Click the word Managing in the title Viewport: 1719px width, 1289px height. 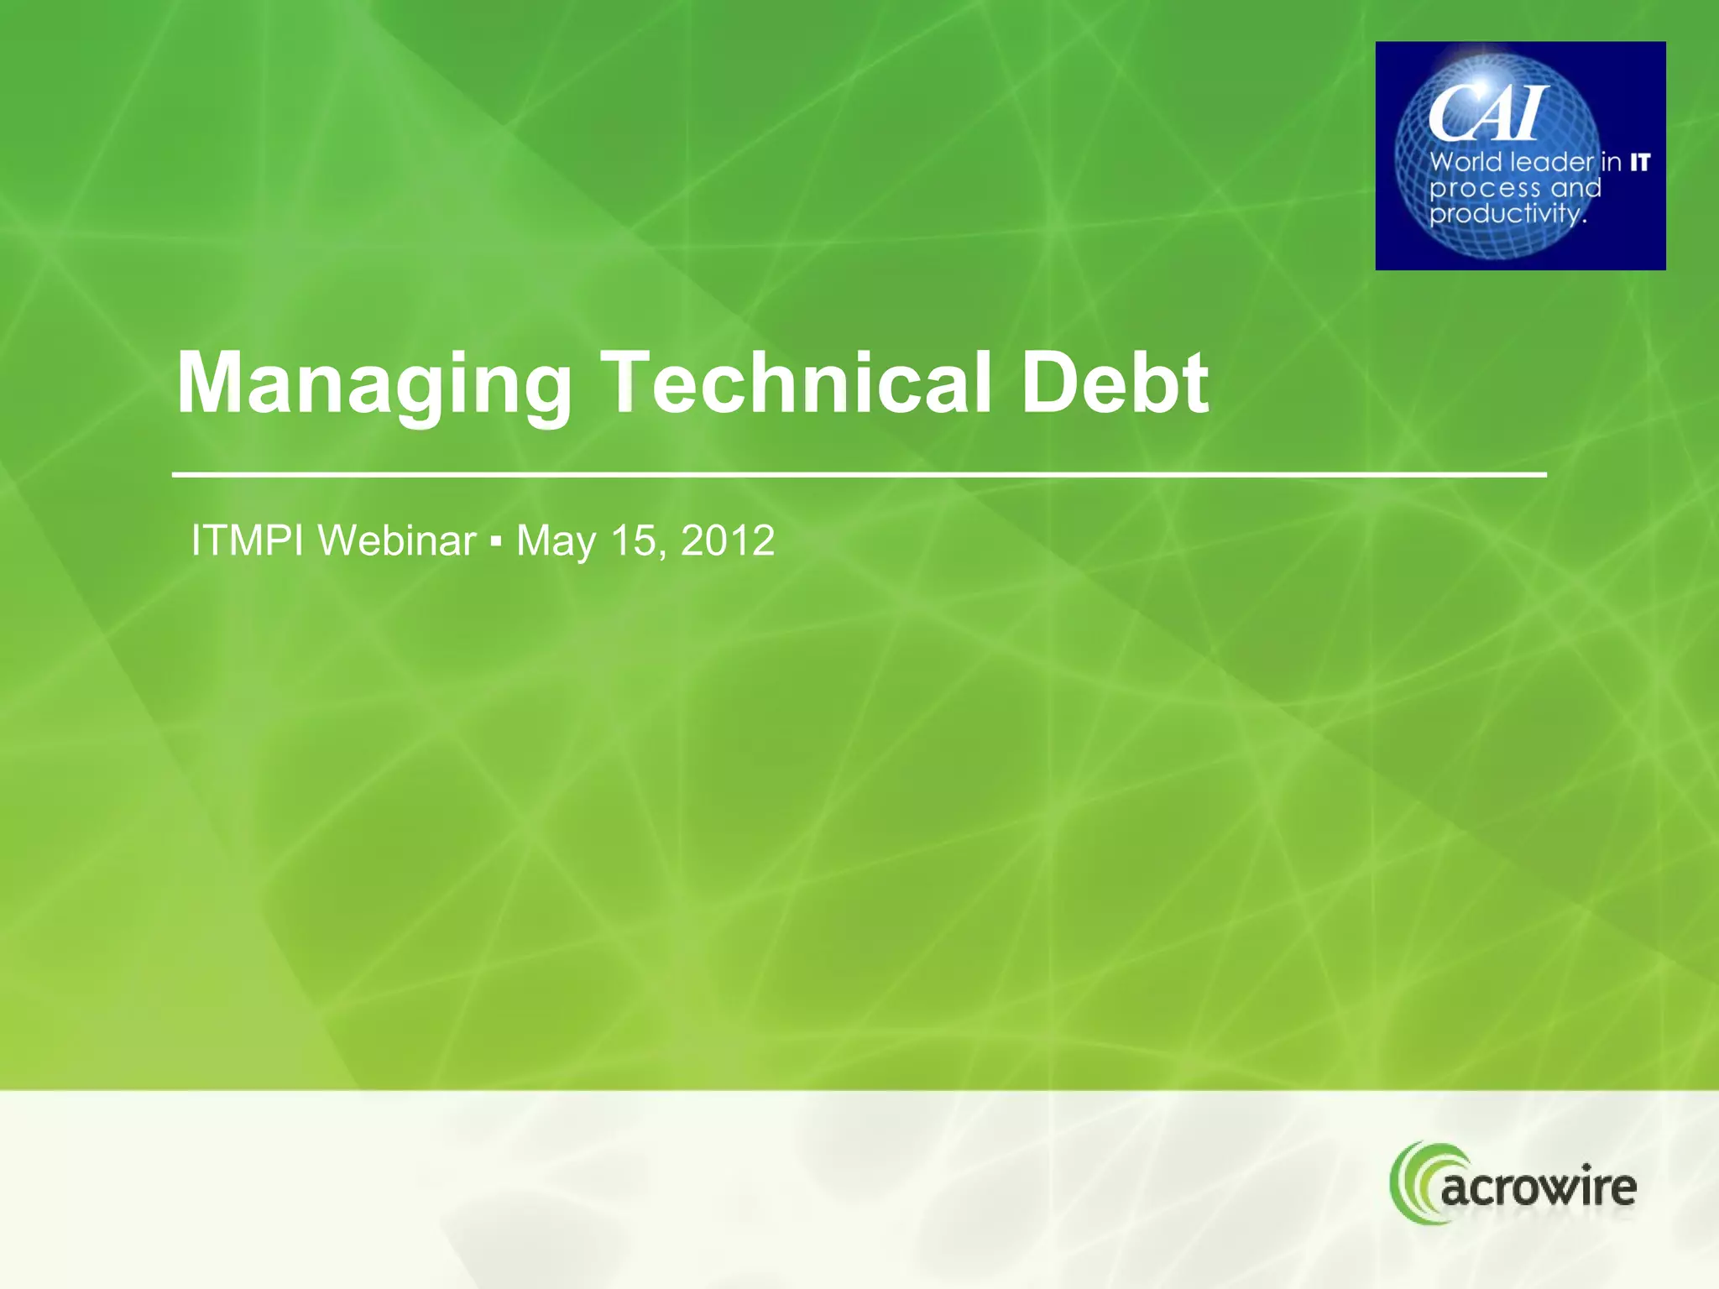pyautogui.click(x=374, y=384)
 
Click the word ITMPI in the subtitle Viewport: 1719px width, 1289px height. pyautogui.click(x=247, y=540)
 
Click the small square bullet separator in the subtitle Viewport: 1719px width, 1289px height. pyautogui.click(x=496, y=542)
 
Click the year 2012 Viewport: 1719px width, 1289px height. pyautogui.click(x=728, y=540)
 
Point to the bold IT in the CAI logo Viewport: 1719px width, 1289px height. pyautogui.click(x=1640, y=162)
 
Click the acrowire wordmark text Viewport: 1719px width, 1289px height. pyautogui.click(x=1539, y=1187)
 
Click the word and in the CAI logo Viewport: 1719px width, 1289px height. pyautogui.click(x=1575, y=187)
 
